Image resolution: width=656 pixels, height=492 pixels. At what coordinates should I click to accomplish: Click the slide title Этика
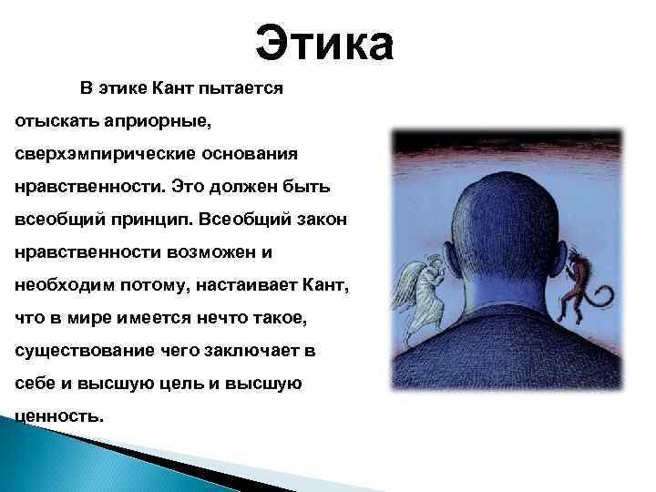(324, 42)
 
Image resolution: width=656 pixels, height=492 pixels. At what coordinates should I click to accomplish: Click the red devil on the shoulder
(579, 282)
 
